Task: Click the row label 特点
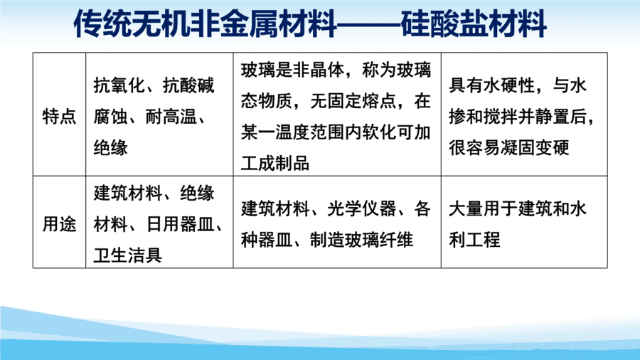click(x=59, y=117)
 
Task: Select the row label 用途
click(x=59, y=224)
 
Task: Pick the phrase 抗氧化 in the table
click(x=119, y=85)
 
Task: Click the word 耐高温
click(x=171, y=117)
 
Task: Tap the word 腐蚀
click(x=111, y=117)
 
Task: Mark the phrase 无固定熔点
click(x=353, y=101)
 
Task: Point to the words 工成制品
click(x=275, y=163)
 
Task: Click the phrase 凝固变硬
click(x=535, y=148)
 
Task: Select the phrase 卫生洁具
click(x=128, y=255)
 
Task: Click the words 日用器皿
click(x=181, y=224)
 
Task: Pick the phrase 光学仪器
click(x=362, y=208)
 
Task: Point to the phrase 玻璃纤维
click(x=379, y=240)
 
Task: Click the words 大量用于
click(x=484, y=208)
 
